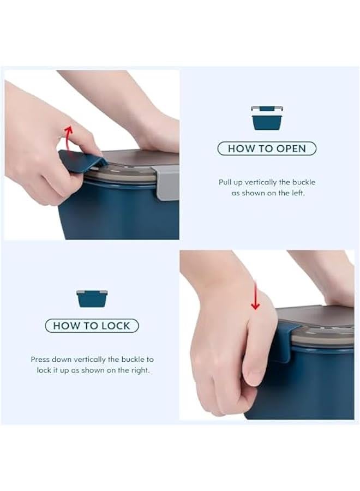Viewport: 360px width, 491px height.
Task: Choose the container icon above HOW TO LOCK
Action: (x=92, y=298)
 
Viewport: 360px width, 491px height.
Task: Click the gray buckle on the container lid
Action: (x=167, y=182)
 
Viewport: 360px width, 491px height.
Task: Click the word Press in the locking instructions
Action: (x=41, y=360)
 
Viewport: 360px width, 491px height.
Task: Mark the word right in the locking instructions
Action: (x=139, y=370)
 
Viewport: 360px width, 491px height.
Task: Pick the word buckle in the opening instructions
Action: (x=303, y=182)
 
